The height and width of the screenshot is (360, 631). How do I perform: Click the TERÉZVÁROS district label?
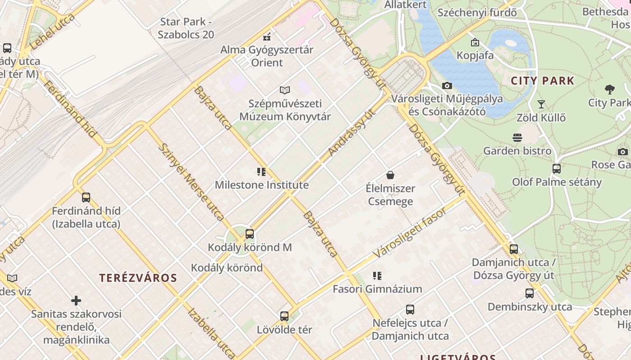pos(138,278)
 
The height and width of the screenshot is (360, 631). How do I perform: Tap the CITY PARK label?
pos(542,81)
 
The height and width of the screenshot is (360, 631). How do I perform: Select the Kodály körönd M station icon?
pos(250,234)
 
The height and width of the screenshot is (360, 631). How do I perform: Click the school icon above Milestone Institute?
pos(261,172)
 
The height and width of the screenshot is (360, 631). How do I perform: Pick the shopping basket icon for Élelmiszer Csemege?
pos(390,175)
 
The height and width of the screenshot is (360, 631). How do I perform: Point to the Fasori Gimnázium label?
pos(377,289)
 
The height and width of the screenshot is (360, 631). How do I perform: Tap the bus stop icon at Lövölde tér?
pos(284,316)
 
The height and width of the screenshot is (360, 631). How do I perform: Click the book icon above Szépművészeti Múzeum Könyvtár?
pos(284,90)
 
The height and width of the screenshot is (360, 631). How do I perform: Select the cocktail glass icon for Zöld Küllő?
pos(541,104)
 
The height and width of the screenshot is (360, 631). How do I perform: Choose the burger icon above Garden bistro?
pos(517,137)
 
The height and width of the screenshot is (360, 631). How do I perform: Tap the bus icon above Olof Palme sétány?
pos(557,169)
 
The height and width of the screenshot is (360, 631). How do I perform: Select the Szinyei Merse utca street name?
pos(192,182)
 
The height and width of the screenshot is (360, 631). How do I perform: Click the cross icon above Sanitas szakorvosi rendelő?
pos(76,300)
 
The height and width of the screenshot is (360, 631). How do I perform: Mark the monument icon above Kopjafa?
pos(475,42)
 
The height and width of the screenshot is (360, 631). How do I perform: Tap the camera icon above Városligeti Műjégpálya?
pos(447,85)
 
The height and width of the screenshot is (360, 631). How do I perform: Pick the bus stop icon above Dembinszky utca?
pos(530,293)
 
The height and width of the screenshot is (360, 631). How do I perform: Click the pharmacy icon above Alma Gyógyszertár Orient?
pos(267,36)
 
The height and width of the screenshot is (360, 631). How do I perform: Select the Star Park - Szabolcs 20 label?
pos(186,28)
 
